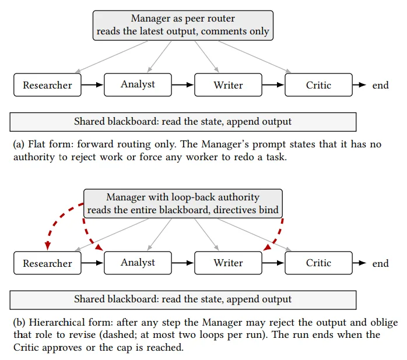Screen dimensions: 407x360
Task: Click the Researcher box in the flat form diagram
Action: pyautogui.click(x=47, y=85)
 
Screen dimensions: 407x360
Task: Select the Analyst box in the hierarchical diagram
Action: pyautogui.click(x=138, y=263)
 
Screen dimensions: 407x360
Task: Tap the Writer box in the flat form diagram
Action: pyautogui.click(x=228, y=85)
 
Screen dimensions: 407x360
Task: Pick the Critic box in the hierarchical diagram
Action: pyautogui.click(x=318, y=263)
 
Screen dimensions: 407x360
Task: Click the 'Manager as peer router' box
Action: pyautogui.click(x=183, y=26)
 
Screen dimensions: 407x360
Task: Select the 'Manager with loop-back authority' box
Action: pyautogui.click(x=183, y=203)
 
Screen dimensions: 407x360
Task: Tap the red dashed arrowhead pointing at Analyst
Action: pyautogui.click(x=99, y=248)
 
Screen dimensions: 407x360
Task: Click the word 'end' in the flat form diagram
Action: pyautogui.click(x=380, y=85)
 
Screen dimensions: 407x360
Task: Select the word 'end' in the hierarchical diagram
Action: pyautogui.click(x=380, y=263)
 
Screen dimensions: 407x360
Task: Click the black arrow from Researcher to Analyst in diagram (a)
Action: pyautogui.click(x=92, y=85)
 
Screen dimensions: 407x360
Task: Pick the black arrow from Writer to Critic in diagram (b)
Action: pyautogui.click(x=273, y=263)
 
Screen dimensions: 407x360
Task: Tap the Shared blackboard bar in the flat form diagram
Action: pyautogui.click(x=183, y=122)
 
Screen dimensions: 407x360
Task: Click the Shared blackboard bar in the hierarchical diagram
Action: pyautogui.click(x=183, y=300)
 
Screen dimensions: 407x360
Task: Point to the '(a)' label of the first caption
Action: pyautogui.click(x=19, y=144)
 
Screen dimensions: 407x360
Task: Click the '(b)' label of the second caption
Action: pyautogui.click(x=19, y=322)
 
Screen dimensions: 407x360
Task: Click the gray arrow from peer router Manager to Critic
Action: pyautogui.click(x=254, y=57)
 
